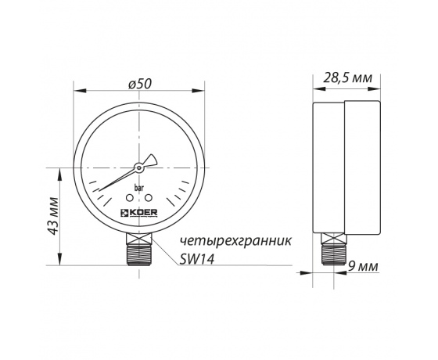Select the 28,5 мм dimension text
point(346,77)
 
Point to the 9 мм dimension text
point(363,267)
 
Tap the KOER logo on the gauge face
point(139,211)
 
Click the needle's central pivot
point(139,167)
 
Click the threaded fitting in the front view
point(139,254)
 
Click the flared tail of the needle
point(153,160)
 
